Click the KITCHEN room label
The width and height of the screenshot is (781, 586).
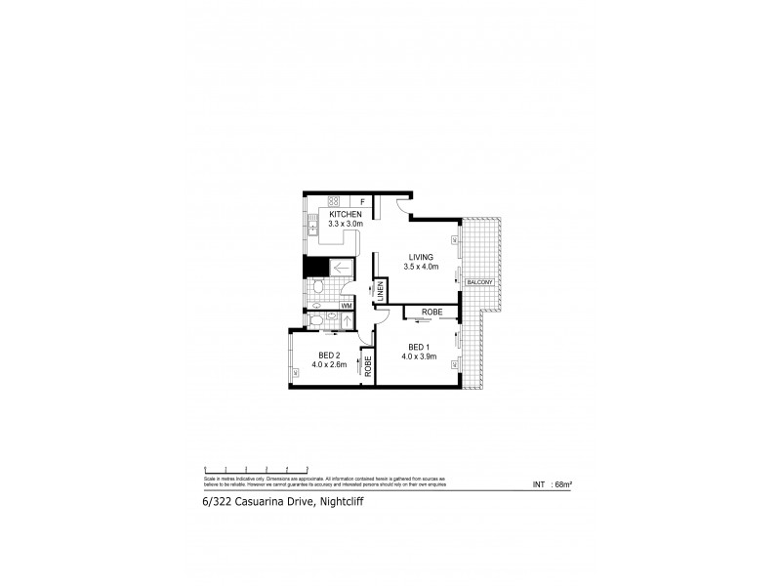346,214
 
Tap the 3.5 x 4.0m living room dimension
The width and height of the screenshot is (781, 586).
422,267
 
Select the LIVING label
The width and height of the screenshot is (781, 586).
421,257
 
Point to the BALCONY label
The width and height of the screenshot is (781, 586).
478,282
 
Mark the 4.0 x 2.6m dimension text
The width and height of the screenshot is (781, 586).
330,364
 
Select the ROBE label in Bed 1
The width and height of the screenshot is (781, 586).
432,313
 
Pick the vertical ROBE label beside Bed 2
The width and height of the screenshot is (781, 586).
368,367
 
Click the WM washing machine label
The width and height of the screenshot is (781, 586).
346,305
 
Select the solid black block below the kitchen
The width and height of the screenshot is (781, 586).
312,267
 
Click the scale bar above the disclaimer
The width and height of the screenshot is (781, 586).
256,470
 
